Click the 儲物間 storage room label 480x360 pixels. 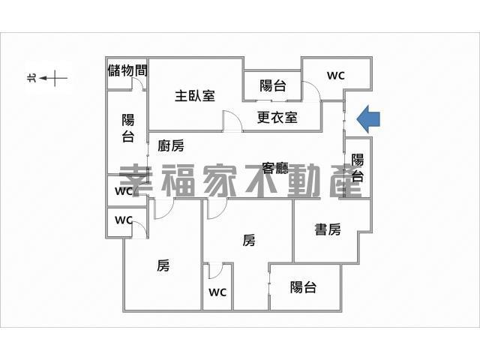tap(127, 70)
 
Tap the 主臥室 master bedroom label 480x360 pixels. tap(195, 96)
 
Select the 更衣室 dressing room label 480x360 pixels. tap(277, 117)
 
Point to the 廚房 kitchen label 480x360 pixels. tap(171, 146)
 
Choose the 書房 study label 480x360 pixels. tap(328, 229)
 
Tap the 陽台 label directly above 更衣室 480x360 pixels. tap(272, 85)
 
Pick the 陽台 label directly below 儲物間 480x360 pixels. tap(128, 127)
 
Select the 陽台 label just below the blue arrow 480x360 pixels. tap(358, 168)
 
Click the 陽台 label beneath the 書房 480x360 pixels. tap(303, 287)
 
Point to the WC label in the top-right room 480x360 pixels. tap(335, 75)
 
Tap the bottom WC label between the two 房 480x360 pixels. tap(217, 292)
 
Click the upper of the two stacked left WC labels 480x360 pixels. tap(124, 190)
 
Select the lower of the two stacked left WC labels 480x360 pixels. tap(124, 220)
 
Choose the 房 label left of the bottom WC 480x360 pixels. tap(163, 265)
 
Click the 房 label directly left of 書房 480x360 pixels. tap(249, 240)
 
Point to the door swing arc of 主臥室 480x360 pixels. tap(231, 121)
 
